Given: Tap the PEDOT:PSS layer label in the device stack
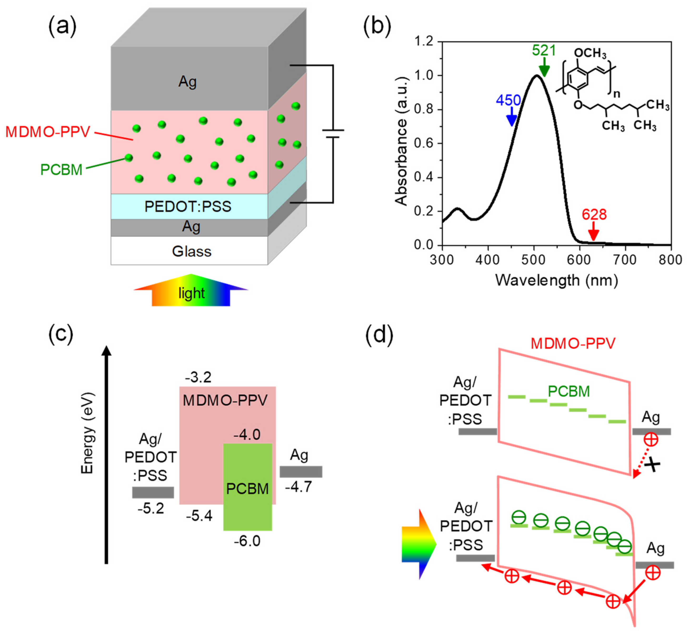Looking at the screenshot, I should pyautogui.click(x=188, y=206).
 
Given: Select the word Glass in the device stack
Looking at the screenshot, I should pyautogui.click(x=191, y=251).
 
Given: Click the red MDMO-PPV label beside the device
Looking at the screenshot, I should pyautogui.click(x=48, y=132).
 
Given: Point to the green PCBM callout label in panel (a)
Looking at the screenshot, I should pyautogui.click(x=61, y=170).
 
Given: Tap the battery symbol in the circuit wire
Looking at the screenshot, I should pyautogui.click(x=333, y=134).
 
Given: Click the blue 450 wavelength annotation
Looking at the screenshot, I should pyautogui.click(x=508, y=100).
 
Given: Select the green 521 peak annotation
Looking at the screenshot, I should pyautogui.click(x=544, y=50).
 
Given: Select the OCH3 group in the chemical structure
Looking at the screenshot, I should pyautogui.click(x=590, y=53).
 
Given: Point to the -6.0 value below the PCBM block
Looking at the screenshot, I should pyautogui.click(x=247, y=541).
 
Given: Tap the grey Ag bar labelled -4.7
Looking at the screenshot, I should pyautogui.click(x=301, y=472).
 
